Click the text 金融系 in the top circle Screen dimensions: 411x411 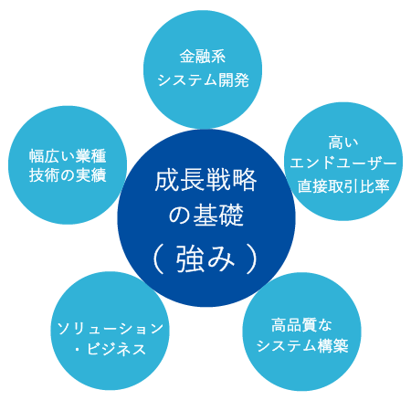tap(203, 57)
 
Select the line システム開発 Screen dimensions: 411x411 tap(203, 80)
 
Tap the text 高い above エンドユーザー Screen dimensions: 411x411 tap(343, 142)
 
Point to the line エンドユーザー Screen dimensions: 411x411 tap(343, 163)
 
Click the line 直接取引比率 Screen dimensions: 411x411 tap(343, 186)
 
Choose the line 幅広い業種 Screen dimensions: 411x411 tap(68, 156)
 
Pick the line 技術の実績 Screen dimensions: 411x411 tap(68, 175)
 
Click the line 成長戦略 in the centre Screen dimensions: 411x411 tap(205, 180)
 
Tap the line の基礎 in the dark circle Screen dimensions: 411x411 tap(206, 215)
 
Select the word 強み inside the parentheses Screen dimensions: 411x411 tap(205, 258)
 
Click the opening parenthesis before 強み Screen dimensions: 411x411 tap(159, 259)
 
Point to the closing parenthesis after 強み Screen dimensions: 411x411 tap(252, 259)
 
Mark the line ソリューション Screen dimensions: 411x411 tap(110, 328)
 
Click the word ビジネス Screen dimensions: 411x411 tap(116, 349)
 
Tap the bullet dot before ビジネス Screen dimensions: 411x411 tap(78, 350)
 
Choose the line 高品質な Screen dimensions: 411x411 tap(301, 325)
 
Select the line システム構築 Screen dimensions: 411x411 tap(302, 346)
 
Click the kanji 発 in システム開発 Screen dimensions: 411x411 tap(242, 80)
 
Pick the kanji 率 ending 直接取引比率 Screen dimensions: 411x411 tap(382, 186)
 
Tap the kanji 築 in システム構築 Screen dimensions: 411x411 tap(341, 346)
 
